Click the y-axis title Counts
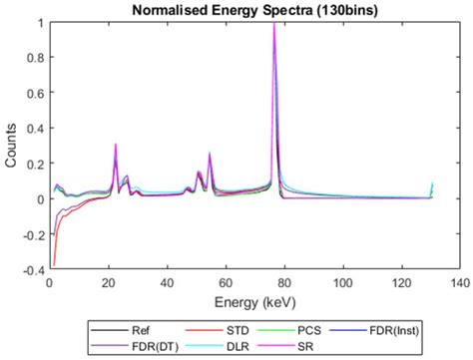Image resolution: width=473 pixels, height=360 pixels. [x=11, y=146]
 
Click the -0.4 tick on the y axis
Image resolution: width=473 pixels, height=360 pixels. [x=34, y=269]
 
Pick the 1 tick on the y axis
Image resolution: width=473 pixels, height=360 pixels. [x=41, y=22]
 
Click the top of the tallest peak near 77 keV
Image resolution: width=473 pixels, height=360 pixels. [x=274, y=23]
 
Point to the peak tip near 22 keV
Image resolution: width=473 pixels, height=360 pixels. [x=116, y=145]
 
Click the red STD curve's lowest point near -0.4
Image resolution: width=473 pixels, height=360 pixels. [x=53, y=265]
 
